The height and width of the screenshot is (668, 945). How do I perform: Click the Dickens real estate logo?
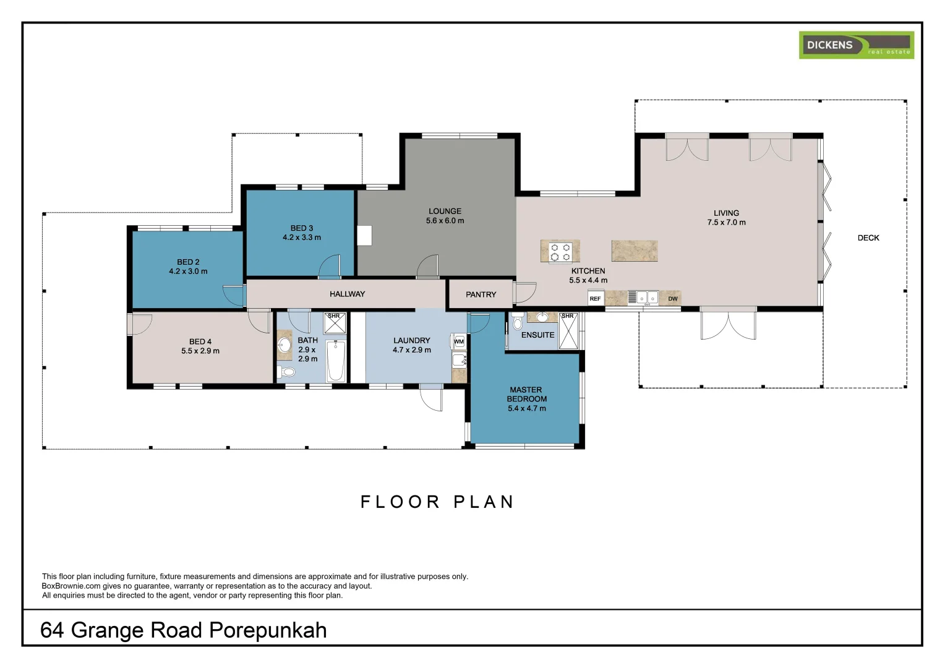(856, 45)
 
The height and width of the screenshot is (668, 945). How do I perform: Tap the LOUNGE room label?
(445, 211)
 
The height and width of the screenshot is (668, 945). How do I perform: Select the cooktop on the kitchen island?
(561, 252)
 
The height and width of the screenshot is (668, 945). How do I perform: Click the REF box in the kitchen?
(596, 298)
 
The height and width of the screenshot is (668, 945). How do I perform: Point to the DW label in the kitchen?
(672, 299)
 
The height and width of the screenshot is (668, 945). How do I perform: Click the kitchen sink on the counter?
(647, 298)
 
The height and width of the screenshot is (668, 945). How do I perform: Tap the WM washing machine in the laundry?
(458, 341)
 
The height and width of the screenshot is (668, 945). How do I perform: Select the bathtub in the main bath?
(336, 361)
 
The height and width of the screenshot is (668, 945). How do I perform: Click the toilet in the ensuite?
(518, 322)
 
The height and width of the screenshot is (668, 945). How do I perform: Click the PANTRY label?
(481, 294)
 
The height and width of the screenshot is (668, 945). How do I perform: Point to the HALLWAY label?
(347, 294)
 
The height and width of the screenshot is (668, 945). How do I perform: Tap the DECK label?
(868, 238)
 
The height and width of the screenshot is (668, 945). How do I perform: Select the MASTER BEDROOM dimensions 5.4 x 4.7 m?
(527, 408)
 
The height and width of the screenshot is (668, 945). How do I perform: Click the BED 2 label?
(188, 262)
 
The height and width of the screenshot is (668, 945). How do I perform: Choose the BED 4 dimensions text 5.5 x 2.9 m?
(200, 351)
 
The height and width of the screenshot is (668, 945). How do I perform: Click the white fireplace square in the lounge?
(364, 236)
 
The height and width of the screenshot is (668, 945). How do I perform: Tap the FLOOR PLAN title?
(437, 502)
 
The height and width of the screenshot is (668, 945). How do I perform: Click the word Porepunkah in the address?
(268, 630)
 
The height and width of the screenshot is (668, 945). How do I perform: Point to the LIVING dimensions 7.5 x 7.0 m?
(727, 223)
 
